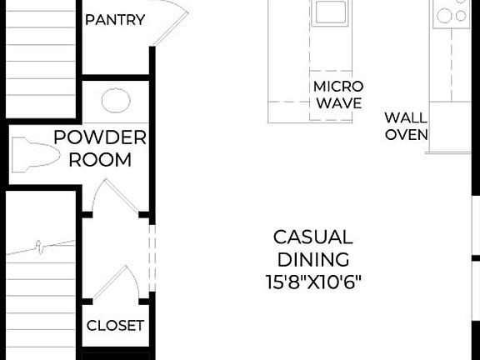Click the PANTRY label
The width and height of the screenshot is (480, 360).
coord(115,19)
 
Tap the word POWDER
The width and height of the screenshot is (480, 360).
coord(100,137)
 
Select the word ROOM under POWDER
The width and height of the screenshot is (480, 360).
coord(100,159)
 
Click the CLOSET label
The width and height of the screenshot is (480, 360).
coord(115,326)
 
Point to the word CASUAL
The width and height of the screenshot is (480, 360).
coord(312,237)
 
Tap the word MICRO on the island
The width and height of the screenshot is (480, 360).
coord(337,87)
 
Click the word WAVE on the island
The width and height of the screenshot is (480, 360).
coord(337,103)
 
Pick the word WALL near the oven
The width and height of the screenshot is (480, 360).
coord(406,117)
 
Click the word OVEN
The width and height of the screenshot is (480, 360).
coord(406,134)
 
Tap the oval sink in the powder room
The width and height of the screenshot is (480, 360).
coord(116,101)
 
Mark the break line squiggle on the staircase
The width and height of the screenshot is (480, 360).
coord(42,245)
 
